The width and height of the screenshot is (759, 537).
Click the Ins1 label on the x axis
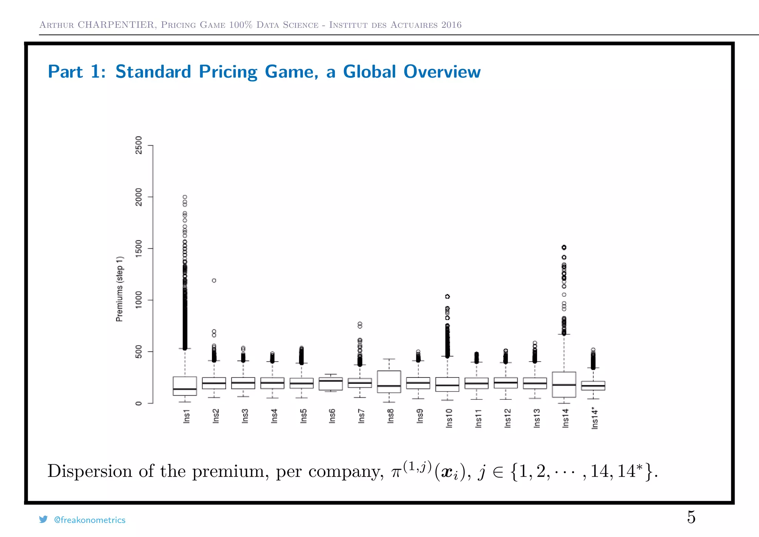pyautogui.click(x=186, y=416)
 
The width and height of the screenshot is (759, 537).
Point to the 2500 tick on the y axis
pyautogui.click(x=139, y=145)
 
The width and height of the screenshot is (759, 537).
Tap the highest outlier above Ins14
pyautogui.click(x=564, y=247)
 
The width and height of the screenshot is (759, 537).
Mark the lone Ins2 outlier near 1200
pyautogui.click(x=214, y=280)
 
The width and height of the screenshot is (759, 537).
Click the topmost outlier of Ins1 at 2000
pyautogui.click(x=185, y=197)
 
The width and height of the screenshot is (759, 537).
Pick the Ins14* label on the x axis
pyautogui.click(x=594, y=418)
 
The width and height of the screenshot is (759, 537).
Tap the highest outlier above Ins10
pyautogui.click(x=447, y=296)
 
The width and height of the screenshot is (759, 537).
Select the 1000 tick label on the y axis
pyautogui.click(x=139, y=300)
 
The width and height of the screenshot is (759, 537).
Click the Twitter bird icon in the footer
pyautogui.click(x=43, y=519)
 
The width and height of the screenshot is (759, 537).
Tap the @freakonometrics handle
pyautogui.click(x=90, y=520)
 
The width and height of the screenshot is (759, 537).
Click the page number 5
pyautogui.click(x=691, y=517)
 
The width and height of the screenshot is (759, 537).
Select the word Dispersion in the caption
pyautogui.click(x=90, y=471)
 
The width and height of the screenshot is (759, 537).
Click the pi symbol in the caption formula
pyautogui.click(x=397, y=473)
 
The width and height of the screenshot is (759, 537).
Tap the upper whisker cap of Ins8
pyautogui.click(x=389, y=359)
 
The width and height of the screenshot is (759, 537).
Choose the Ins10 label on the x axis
pyautogui.click(x=449, y=418)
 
